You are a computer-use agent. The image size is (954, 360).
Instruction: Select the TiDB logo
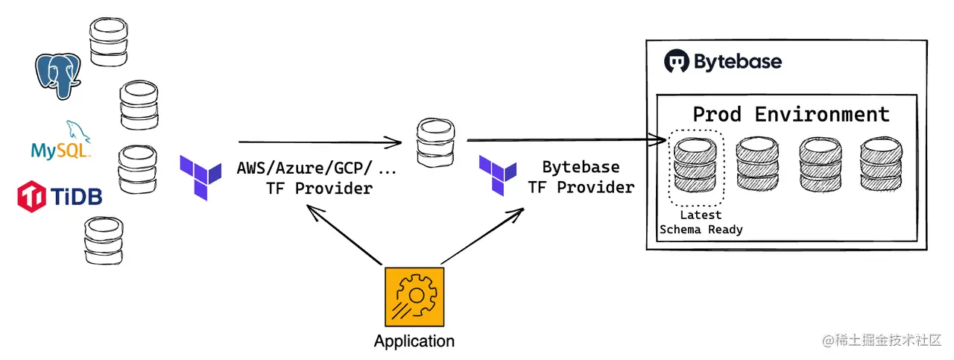point(59,196)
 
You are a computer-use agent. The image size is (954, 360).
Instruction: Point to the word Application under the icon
point(414,342)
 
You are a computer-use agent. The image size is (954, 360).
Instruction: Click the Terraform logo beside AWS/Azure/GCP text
point(200,177)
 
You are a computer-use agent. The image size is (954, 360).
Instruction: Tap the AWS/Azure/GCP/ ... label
point(317,168)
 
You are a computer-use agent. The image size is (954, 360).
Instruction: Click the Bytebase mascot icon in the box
point(677,61)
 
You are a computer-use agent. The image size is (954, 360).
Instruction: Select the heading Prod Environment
point(791,115)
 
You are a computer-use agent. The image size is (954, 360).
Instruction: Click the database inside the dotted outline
point(695,168)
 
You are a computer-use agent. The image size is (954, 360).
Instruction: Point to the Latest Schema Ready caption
point(701,223)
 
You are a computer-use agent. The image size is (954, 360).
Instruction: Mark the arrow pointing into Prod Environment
point(566,139)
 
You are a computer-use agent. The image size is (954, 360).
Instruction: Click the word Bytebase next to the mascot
point(738,61)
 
